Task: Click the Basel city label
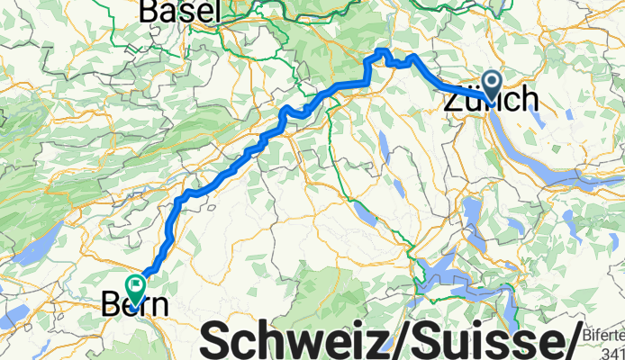pos(180,11)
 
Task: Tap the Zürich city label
pos(492,99)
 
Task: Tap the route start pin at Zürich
pos(493,83)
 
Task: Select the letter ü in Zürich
pos(473,99)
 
